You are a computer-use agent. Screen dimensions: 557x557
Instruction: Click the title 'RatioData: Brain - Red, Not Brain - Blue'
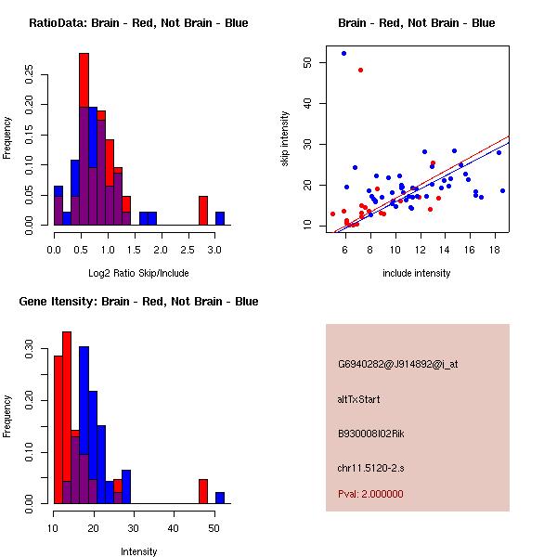click(138, 23)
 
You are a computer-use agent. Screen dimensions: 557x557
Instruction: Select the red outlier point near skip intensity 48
click(360, 70)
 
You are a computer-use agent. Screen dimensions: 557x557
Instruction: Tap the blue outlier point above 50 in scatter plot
click(343, 53)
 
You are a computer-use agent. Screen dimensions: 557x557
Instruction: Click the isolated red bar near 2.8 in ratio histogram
click(202, 211)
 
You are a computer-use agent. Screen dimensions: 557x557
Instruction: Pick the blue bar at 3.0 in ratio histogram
click(220, 218)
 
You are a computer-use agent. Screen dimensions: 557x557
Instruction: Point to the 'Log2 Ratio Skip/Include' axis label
click(138, 273)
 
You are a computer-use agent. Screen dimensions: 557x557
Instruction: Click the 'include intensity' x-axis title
click(416, 273)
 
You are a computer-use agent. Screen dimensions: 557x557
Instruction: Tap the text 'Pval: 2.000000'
click(370, 494)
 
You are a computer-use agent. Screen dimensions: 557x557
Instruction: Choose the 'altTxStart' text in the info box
click(359, 399)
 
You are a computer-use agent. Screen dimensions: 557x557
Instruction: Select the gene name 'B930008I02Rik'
click(371, 434)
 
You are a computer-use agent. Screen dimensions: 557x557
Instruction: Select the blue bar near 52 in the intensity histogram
click(220, 497)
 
